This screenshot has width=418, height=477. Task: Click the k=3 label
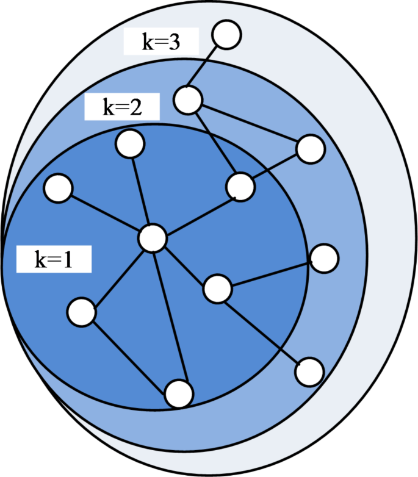pyautogui.click(x=160, y=43)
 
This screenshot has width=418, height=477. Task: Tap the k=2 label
pyautogui.click(x=121, y=108)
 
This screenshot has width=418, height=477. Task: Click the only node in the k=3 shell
pyautogui.click(x=227, y=35)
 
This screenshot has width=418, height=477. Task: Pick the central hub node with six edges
pyautogui.click(x=152, y=238)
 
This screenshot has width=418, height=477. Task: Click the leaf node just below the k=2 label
pyautogui.click(x=130, y=145)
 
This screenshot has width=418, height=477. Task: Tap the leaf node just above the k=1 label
pyautogui.click(x=59, y=188)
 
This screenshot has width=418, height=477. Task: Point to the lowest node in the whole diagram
pyautogui.click(x=179, y=393)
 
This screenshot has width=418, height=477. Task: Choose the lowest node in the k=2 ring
pyautogui.click(x=309, y=371)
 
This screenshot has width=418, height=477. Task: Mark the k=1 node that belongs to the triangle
pyautogui.click(x=240, y=187)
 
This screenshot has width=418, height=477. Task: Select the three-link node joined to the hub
pyautogui.click(x=217, y=289)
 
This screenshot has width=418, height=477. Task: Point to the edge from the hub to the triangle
pyautogui.click(x=195, y=212)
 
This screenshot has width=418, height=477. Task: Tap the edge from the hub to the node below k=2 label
pyautogui.click(x=141, y=191)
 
